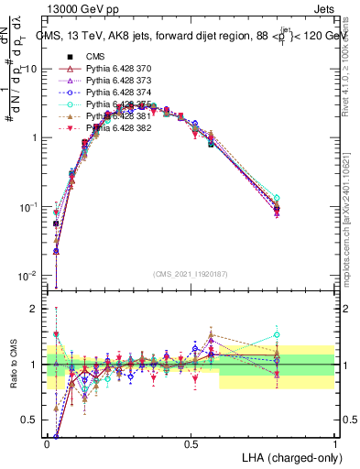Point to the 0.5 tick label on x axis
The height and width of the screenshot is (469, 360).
click(191, 442)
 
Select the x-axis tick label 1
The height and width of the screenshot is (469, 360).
click(334, 442)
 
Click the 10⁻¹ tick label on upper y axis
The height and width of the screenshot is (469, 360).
click(28, 207)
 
